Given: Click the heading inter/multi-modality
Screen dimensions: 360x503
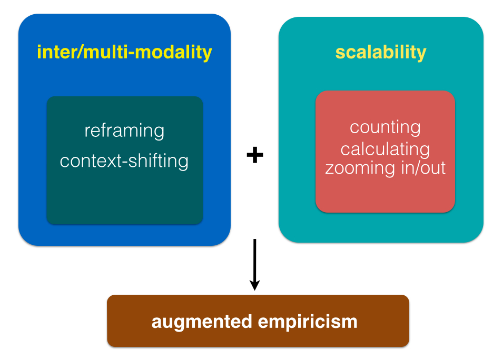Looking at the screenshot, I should pos(124,52).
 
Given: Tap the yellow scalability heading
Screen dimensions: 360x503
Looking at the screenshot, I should pos(381,52).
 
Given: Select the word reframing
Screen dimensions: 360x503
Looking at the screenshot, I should pos(124,131).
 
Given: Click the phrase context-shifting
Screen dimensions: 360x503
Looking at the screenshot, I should pos(124,161).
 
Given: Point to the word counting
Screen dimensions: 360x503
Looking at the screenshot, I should pos(385,127).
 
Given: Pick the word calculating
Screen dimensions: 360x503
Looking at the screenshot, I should pos(385,149).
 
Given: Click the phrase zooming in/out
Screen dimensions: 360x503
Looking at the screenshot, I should pos(385,168).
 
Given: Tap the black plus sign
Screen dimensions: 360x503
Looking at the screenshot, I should pos(255,155).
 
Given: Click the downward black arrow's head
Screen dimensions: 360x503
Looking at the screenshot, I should pos(254,285).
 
